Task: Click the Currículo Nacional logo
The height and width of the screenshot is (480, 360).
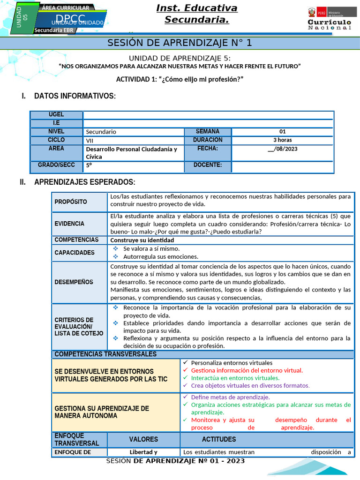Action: click(x=329, y=19)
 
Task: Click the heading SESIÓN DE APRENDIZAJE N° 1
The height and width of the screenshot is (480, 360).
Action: click(x=180, y=43)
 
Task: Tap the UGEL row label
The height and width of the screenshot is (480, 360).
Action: click(x=56, y=115)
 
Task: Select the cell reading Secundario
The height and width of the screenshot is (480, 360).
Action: click(x=101, y=132)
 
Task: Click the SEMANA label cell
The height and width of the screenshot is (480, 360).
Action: click(x=207, y=132)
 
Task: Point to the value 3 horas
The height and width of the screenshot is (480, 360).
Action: click(x=282, y=140)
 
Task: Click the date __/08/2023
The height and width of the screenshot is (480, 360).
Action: click(x=282, y=149)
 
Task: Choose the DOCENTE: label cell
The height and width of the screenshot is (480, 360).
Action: click(x=207, y=165)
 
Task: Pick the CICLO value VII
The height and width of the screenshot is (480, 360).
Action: click(x=90, y=140)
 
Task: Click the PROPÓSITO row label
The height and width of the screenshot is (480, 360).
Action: click(x=71, y=202)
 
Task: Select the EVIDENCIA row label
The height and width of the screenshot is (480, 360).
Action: click(x=69, y=224)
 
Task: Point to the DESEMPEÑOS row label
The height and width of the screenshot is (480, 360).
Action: click(x=74, y=282)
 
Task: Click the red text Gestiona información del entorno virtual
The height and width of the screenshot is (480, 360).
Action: click(x=247, y=370)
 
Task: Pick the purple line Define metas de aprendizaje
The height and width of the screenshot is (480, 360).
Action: click(x=227, y=397)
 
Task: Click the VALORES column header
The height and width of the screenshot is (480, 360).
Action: click(x=143, y=440)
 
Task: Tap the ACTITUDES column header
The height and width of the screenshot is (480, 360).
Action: click(x=219, y=440)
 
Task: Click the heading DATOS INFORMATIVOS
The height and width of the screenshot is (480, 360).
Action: click(x=75, y=96)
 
